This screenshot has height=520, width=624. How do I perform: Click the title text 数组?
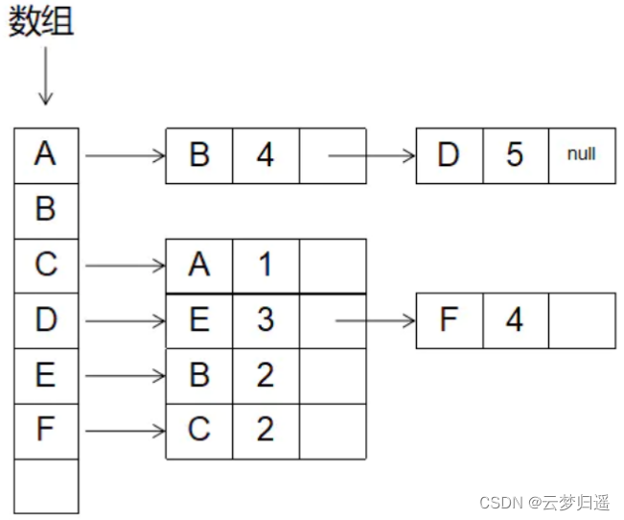pos(41,23)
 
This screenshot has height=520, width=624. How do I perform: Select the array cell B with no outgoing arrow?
pos(45,208)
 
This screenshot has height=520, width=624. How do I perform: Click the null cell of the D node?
pos(582,154)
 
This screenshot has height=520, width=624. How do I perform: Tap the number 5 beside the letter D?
pos(515,154)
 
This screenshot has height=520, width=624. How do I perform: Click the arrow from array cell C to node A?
pos(125,265)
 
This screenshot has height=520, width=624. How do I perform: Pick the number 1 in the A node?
pos(266,265)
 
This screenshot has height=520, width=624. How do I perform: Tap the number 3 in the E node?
pos(266,319)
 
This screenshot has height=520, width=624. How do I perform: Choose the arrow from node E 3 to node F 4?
pos(374,319)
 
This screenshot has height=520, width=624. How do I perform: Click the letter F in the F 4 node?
pos(449,319)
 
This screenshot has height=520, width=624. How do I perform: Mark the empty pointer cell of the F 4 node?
pos(582,319)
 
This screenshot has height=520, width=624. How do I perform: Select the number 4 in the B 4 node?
pos(266,154)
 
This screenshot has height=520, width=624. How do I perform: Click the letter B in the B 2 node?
pos(199,375)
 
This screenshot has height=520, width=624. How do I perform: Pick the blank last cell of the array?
pos(45,485)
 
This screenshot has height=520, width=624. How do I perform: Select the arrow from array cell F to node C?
pos(125,431)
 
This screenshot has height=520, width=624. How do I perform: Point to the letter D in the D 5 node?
pos(449,154)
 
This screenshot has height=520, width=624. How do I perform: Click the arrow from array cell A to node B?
pos(125,154)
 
